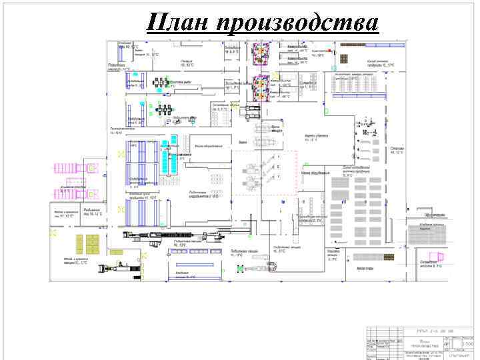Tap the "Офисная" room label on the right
tap(397, 149)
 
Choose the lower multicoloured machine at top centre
tap(259, 87)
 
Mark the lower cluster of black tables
tap(163, 109)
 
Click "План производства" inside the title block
tap(419, 343)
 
